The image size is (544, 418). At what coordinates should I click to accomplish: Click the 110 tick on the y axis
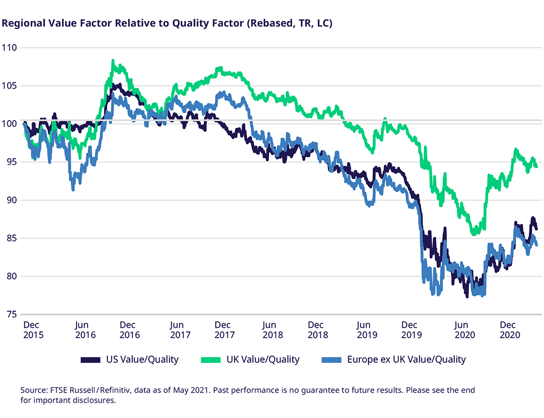pos(10,48)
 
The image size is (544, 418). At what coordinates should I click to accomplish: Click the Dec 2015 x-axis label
pos(33,330)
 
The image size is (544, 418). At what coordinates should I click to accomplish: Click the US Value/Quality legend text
pos(142,360)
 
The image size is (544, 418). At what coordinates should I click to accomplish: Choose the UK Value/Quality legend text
pos(263,360)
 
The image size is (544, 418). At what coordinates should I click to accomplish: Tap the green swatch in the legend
pos(211,360)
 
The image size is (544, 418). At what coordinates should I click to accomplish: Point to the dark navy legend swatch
pos(91,360)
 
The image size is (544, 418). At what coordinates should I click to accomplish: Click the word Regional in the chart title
pos(22,24)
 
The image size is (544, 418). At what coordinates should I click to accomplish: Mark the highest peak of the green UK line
pos(113,61)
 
